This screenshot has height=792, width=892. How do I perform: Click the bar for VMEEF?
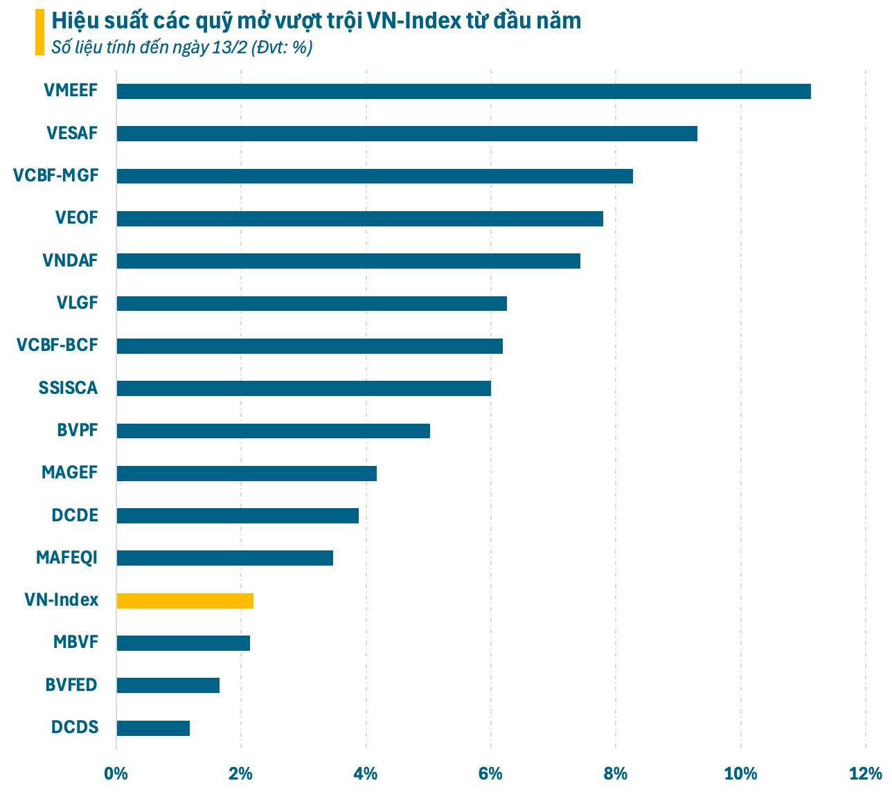point(463,91)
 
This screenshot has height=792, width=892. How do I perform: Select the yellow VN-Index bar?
point(185,601)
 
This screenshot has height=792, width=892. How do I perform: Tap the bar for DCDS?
point(153,728)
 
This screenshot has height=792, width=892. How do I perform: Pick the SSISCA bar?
point(303,388)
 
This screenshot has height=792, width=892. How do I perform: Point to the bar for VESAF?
point(407,134)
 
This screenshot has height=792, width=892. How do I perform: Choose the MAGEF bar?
point(247,474)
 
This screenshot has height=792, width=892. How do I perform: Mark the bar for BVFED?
point(168,685)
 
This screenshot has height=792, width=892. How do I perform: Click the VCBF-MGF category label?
point(56,176)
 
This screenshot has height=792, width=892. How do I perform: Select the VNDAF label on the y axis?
point(70,261)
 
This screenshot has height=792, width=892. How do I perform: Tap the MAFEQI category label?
point(67,557)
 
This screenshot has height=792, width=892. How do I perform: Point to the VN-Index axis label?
point(62,600)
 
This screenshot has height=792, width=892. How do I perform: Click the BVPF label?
point(78,431)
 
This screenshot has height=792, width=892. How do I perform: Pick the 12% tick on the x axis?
point(866,774)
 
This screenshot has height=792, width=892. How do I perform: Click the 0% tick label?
point(116,774)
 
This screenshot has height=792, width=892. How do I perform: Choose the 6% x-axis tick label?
point(490,774)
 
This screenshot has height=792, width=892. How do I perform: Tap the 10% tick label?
point(740,774)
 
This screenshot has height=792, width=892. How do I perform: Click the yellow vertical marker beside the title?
point(39,32)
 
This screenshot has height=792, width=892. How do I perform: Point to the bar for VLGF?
point(312,303)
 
